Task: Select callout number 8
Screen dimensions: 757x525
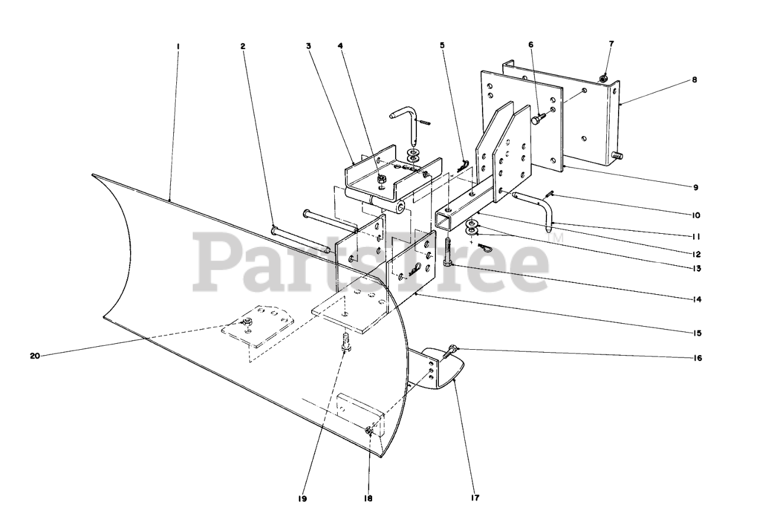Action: (694, 79)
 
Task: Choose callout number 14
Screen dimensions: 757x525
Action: (697, 299)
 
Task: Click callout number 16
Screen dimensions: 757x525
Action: (697, 358)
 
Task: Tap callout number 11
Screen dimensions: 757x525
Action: (697, 236)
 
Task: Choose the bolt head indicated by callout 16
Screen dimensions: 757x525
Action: (452, 350)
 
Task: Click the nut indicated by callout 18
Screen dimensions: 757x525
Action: (368, 431)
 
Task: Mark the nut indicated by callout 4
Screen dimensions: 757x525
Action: (381, 176)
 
